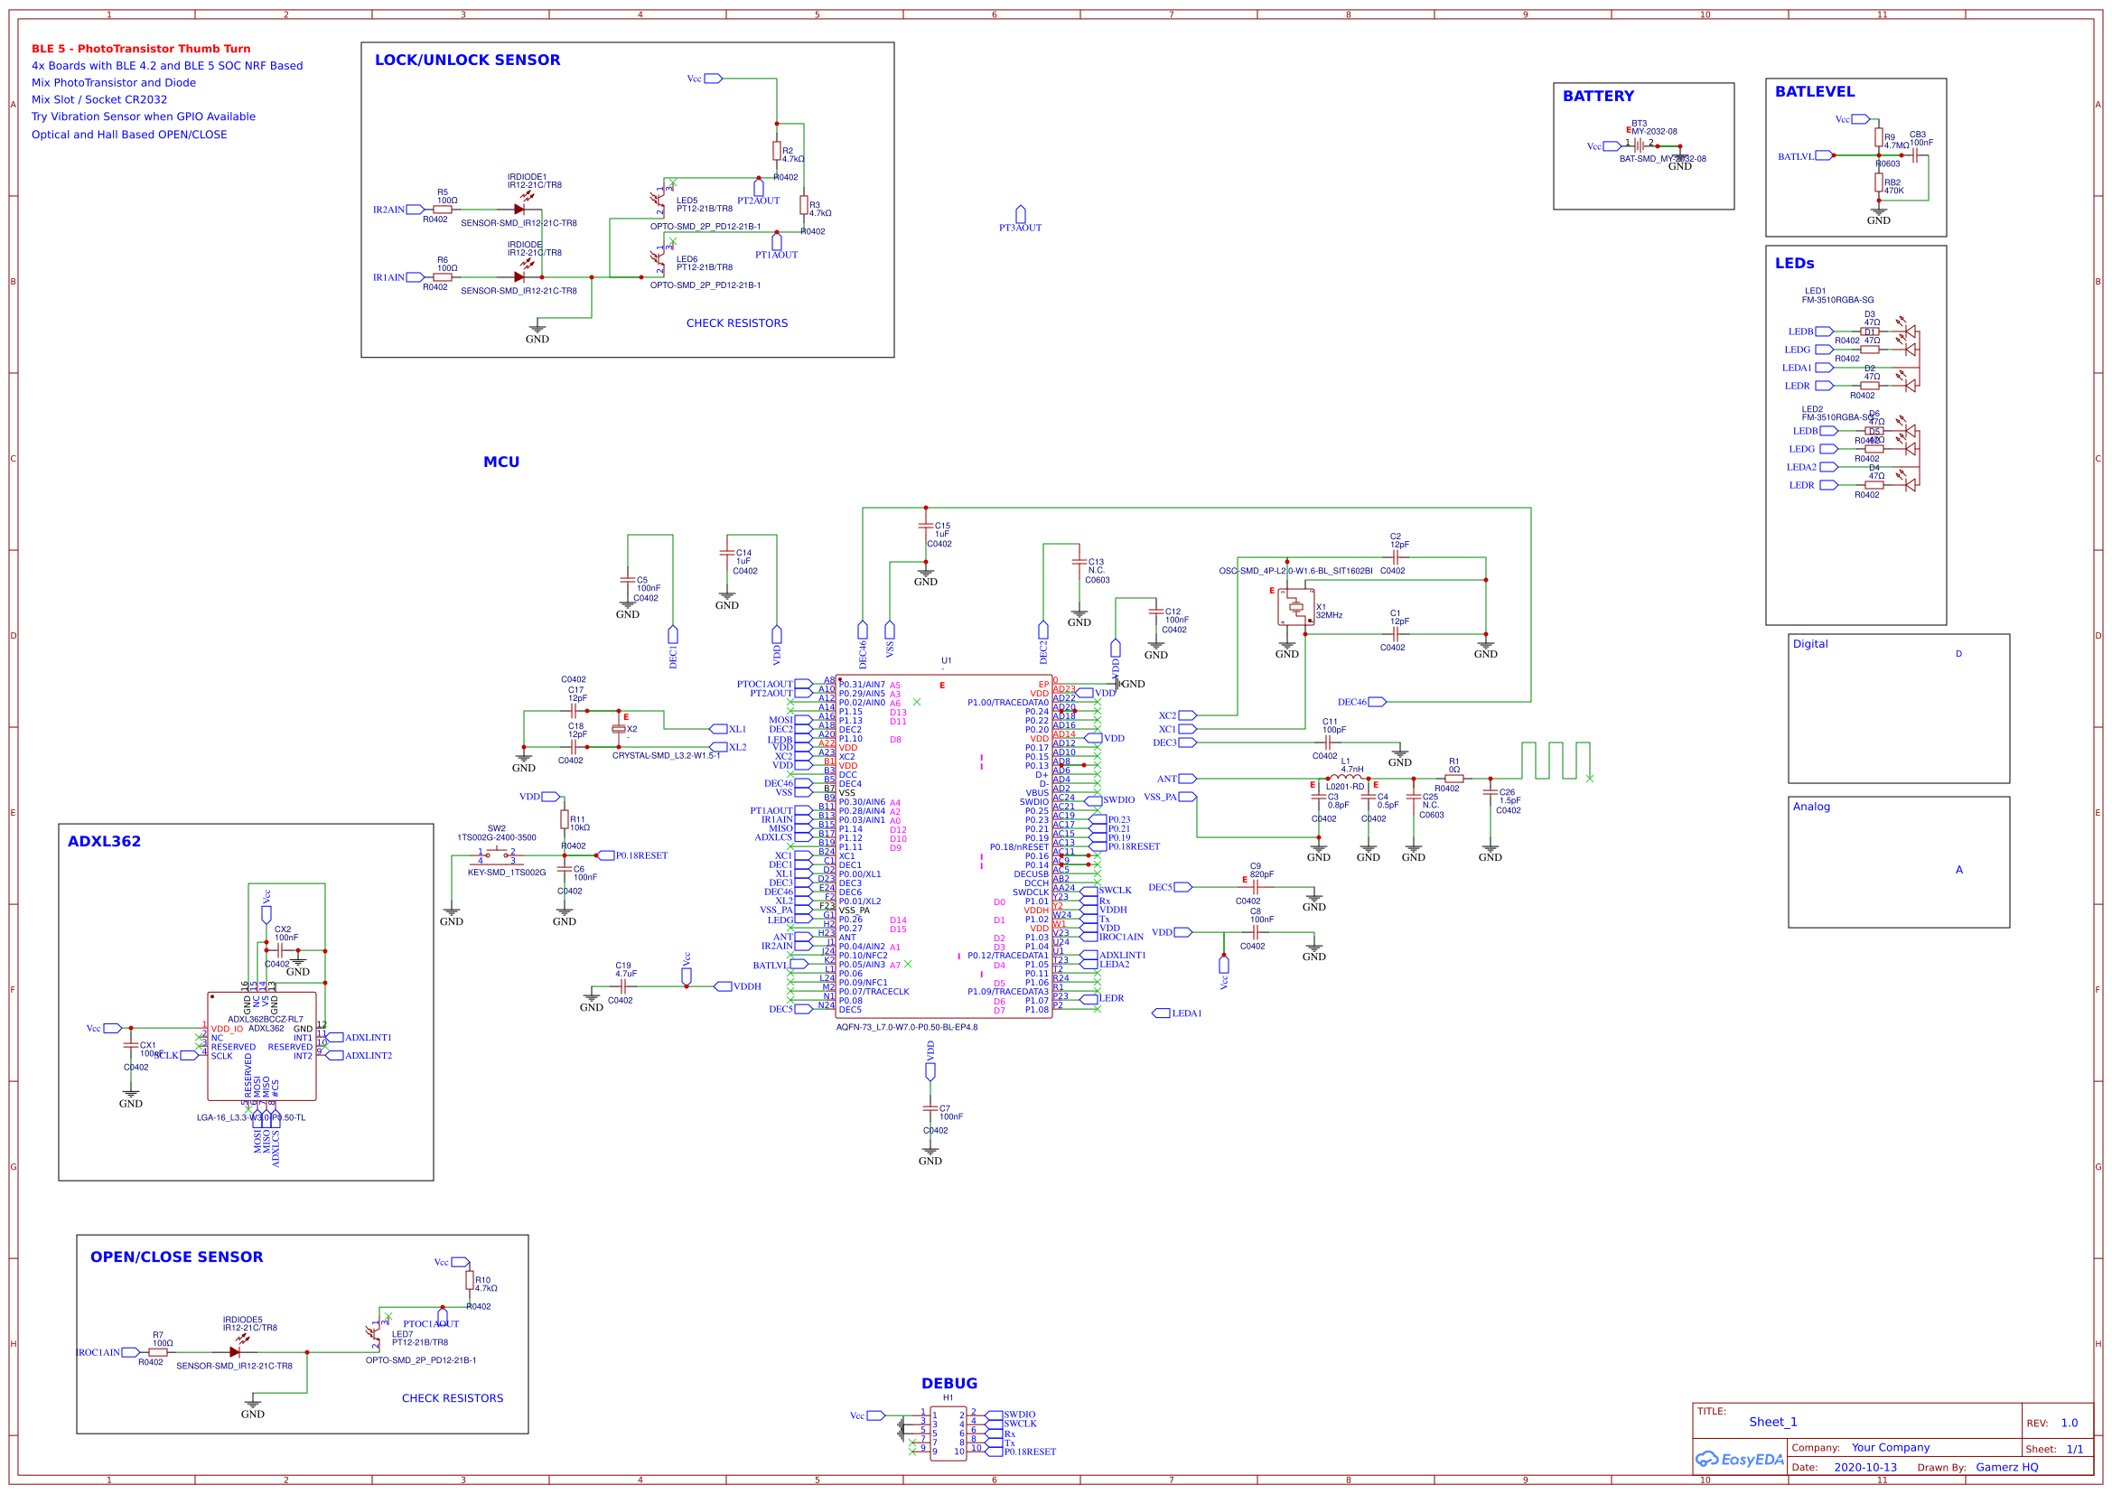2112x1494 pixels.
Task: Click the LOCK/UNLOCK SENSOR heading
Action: pyautogui.click(x=467, y=61)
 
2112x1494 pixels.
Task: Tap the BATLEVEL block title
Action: pyautogui.click(x=1814, y=92)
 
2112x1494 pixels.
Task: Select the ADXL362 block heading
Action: pyautogui.click(x=104, y=842)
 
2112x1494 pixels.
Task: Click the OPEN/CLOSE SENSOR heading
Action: pyautogui.click(x=177, y=1257)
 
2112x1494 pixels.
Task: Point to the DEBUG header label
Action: pyautogui.click(x=949, y=1384)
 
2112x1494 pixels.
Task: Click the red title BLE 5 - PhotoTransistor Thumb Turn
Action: pyautogui.click(x=141, y=49)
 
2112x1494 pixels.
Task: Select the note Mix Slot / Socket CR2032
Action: pyautogui.click(x=99, y=99)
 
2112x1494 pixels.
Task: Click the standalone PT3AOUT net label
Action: pyautogui.click(x=1020, y=228)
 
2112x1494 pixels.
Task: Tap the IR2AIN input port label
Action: pyautogui.click(x=388, y=210)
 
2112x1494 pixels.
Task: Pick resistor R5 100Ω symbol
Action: pyautogui.click(x=443, y=210)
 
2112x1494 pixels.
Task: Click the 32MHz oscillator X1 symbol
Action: pyautogui.click(x=1295, y=606)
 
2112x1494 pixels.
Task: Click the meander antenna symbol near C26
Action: pyautogui.click(x=1555, y=761)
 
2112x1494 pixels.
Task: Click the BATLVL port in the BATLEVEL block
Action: pyautogui.click(x=1796, y=156)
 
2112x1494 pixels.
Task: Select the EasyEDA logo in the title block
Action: pyautogui.click(x=1740, y=1460)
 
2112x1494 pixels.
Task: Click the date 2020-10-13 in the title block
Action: pyautogui.click(x=1864, y=1467)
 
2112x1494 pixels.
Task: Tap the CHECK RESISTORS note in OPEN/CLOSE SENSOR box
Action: pyautogui.click(x=453, y=1398)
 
